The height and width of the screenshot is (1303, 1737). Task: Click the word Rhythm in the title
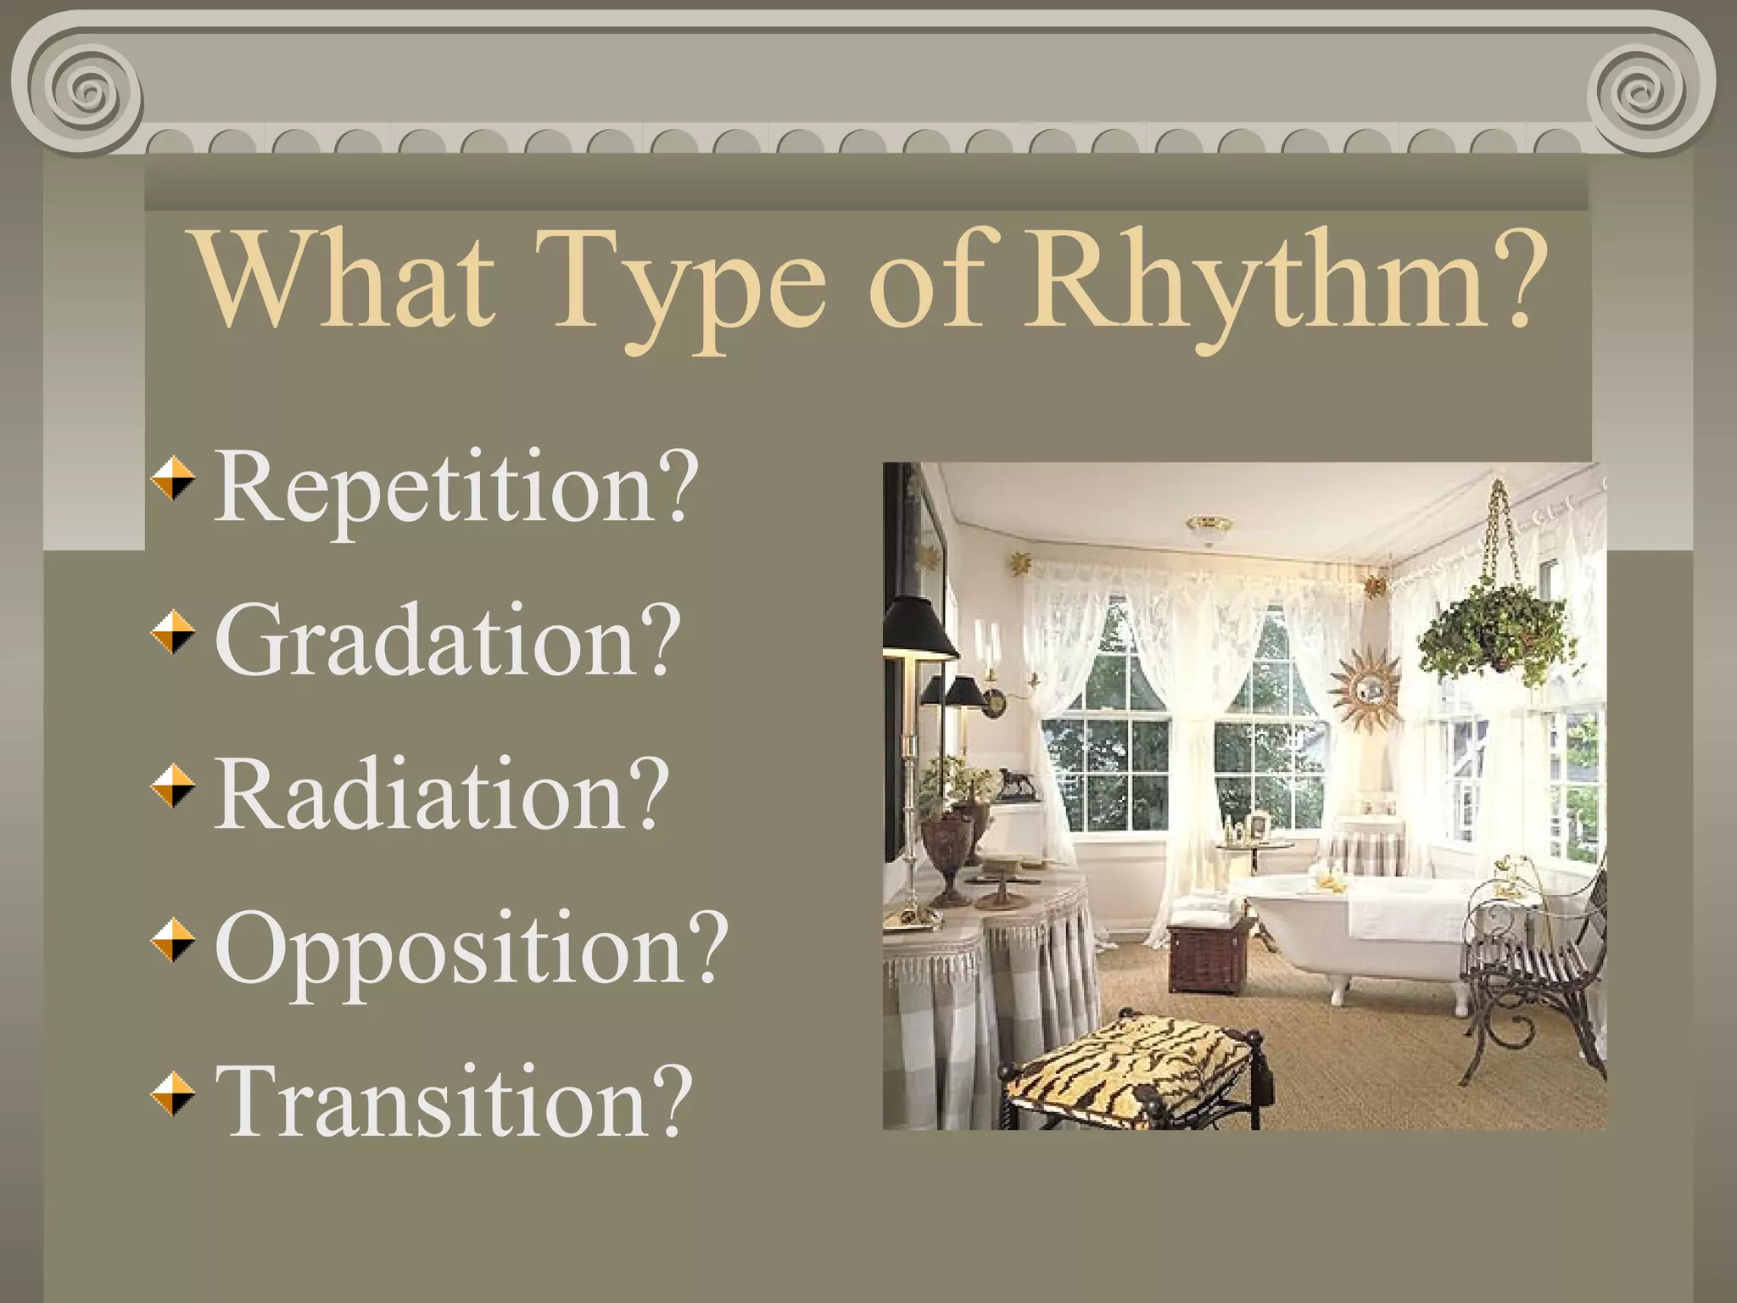click(1255, 280)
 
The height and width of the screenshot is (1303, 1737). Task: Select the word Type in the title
click(687, 284)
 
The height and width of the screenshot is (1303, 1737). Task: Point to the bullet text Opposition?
click(471, 948)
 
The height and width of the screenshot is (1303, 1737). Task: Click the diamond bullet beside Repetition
click(173, 478)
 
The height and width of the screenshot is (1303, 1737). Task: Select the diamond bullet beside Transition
click(173, 1092)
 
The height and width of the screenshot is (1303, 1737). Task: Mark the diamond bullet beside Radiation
click(173, 785)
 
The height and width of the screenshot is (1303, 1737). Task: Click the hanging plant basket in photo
click(1494, 632)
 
